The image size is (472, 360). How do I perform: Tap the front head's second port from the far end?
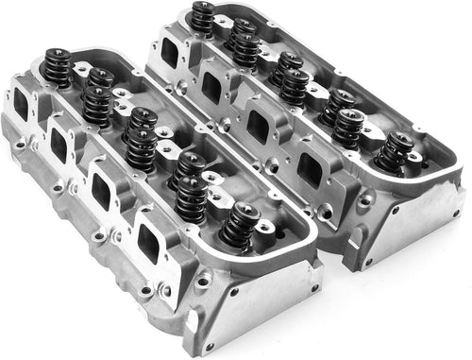click(59, 145)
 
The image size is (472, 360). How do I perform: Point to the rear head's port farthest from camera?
click(170, 53)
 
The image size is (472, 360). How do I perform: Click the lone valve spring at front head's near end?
click(239, 227)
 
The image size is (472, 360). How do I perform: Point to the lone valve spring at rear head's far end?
click(202, 17)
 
